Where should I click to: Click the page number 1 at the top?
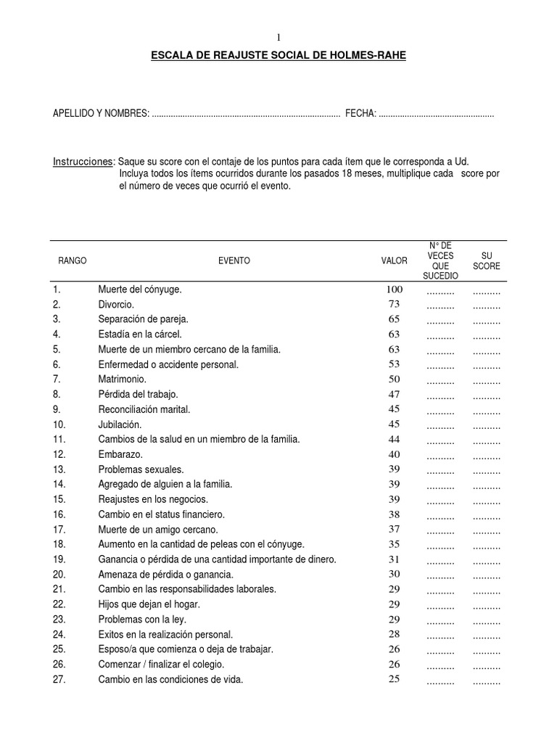point(278,38)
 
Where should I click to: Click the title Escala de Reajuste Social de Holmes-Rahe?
point(278,55)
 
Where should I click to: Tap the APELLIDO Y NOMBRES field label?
point(101,115)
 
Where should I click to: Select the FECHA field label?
point(360,115)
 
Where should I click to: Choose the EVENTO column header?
point(234,261)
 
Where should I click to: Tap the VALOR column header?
point(395,261)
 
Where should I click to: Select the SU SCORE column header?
point(486,261)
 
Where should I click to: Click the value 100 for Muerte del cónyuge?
point(395,290)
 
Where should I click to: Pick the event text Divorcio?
point(116,305)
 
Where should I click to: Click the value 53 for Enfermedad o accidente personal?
point(395,364)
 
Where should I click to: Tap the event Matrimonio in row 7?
point(122,379)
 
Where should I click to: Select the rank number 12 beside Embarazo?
point(59,454)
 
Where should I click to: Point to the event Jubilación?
point(120,424)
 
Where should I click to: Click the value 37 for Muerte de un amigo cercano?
point(395,530)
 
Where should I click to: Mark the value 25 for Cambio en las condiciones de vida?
point(395,680)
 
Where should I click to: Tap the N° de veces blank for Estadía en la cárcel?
point(440,336)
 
